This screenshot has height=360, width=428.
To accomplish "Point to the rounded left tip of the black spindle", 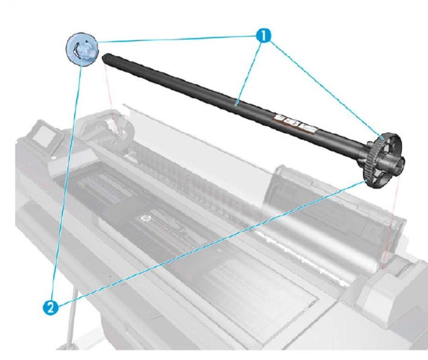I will coord(106,57).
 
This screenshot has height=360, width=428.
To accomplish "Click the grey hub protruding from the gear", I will coord(396,163).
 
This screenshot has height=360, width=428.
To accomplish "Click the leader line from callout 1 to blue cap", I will coord(175,39).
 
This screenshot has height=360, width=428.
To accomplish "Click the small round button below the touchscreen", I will coord(54,157).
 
